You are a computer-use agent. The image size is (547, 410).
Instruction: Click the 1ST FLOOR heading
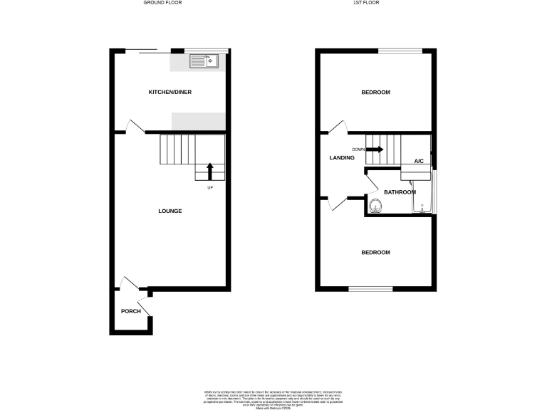(x=375, y=3)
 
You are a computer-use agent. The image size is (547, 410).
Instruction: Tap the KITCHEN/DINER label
(x=170, y=93)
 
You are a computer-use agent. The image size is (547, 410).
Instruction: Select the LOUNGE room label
(x=170, y=211)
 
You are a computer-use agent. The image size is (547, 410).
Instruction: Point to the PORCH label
(x=130, y=311)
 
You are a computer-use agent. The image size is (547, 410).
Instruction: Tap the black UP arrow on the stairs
(x=210, y=171)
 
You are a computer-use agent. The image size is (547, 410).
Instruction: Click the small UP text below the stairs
(x=210, y=188)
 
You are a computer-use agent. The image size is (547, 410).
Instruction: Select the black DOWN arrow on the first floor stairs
(x=375, y=149)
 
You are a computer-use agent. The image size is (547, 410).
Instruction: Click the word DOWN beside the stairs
(x=358, y=149)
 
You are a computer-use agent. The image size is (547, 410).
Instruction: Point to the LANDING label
(x=341, y=157)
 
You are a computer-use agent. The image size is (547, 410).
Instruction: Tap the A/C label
(x=419, y=162)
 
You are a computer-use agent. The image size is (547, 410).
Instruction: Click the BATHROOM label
(x=400, y=192)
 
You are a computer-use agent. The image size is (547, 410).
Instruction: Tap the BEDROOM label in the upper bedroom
(x=375, y=93)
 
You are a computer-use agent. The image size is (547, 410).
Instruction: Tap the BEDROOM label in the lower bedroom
(x=375, y=253)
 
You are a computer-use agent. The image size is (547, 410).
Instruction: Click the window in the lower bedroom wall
(x=370, y=288)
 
